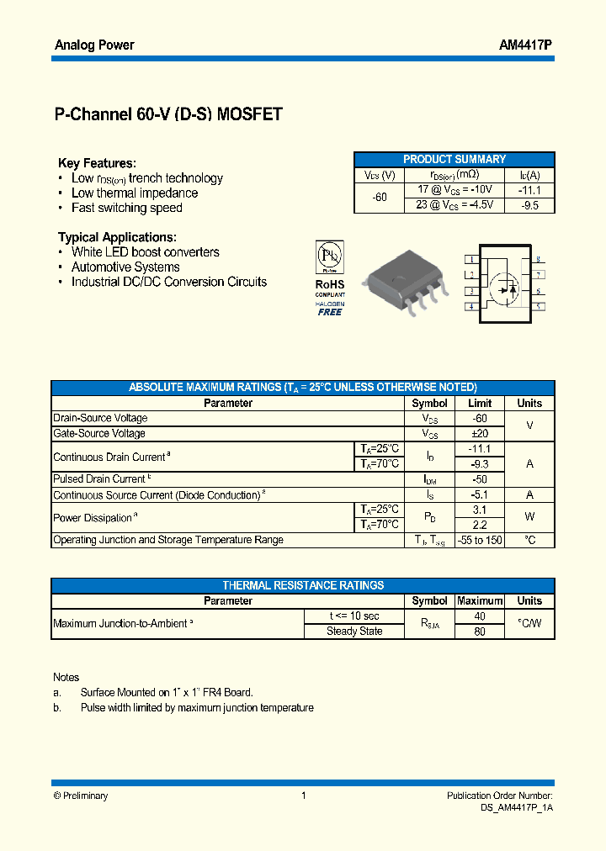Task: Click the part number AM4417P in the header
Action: [x=526, y=45]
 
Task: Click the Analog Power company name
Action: [x=94, y=45]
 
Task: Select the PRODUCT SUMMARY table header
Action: [x=454, y=159]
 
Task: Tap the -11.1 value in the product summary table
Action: [x=529, y=190]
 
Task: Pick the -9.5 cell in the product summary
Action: [x=529, y=204]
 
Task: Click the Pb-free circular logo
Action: [x=330, y=256]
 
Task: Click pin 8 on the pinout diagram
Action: [x=537, y=260]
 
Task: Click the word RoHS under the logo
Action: [x=330, y=285]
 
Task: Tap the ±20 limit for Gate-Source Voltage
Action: [x=480, y=433]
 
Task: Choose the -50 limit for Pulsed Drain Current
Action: [x=480, y=479]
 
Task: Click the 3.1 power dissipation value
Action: [x=480, y=510]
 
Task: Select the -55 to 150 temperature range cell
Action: [x=480, y=540]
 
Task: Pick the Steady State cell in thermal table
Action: [x=354, y=632]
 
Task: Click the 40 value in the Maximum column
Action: [x=480, y=616]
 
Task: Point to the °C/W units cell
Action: [x=529, y=624]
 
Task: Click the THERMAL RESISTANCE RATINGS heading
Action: [x=303, y=585]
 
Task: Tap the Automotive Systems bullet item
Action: [x=125, y=267]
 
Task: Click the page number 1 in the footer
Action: [x=303, y=795]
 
